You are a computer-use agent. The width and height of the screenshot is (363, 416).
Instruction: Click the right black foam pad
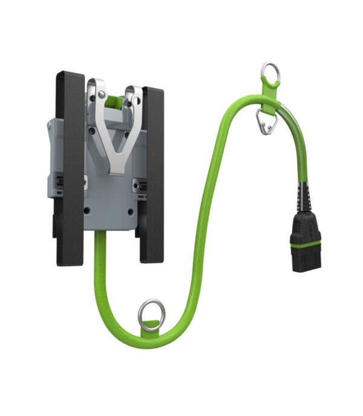pos(152,176)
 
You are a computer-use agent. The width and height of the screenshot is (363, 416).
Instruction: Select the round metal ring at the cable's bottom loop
pos(150,315)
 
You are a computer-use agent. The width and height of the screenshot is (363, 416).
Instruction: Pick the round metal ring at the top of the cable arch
pos(270,73)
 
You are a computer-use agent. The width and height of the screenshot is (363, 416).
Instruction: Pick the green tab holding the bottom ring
pos(149,330)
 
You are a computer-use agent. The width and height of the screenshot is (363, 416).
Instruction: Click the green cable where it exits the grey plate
pos(100,240)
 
